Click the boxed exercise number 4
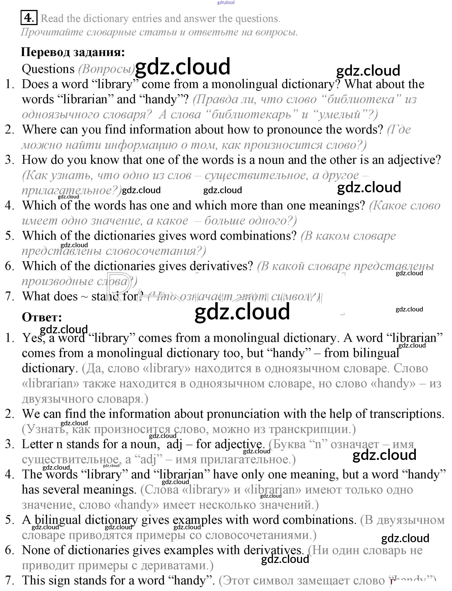pos(28,18)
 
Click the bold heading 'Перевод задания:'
pos(73,52)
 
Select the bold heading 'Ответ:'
pos(42,317)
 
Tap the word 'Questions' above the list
pos(48,69)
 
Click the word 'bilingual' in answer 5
pos(58,520)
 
